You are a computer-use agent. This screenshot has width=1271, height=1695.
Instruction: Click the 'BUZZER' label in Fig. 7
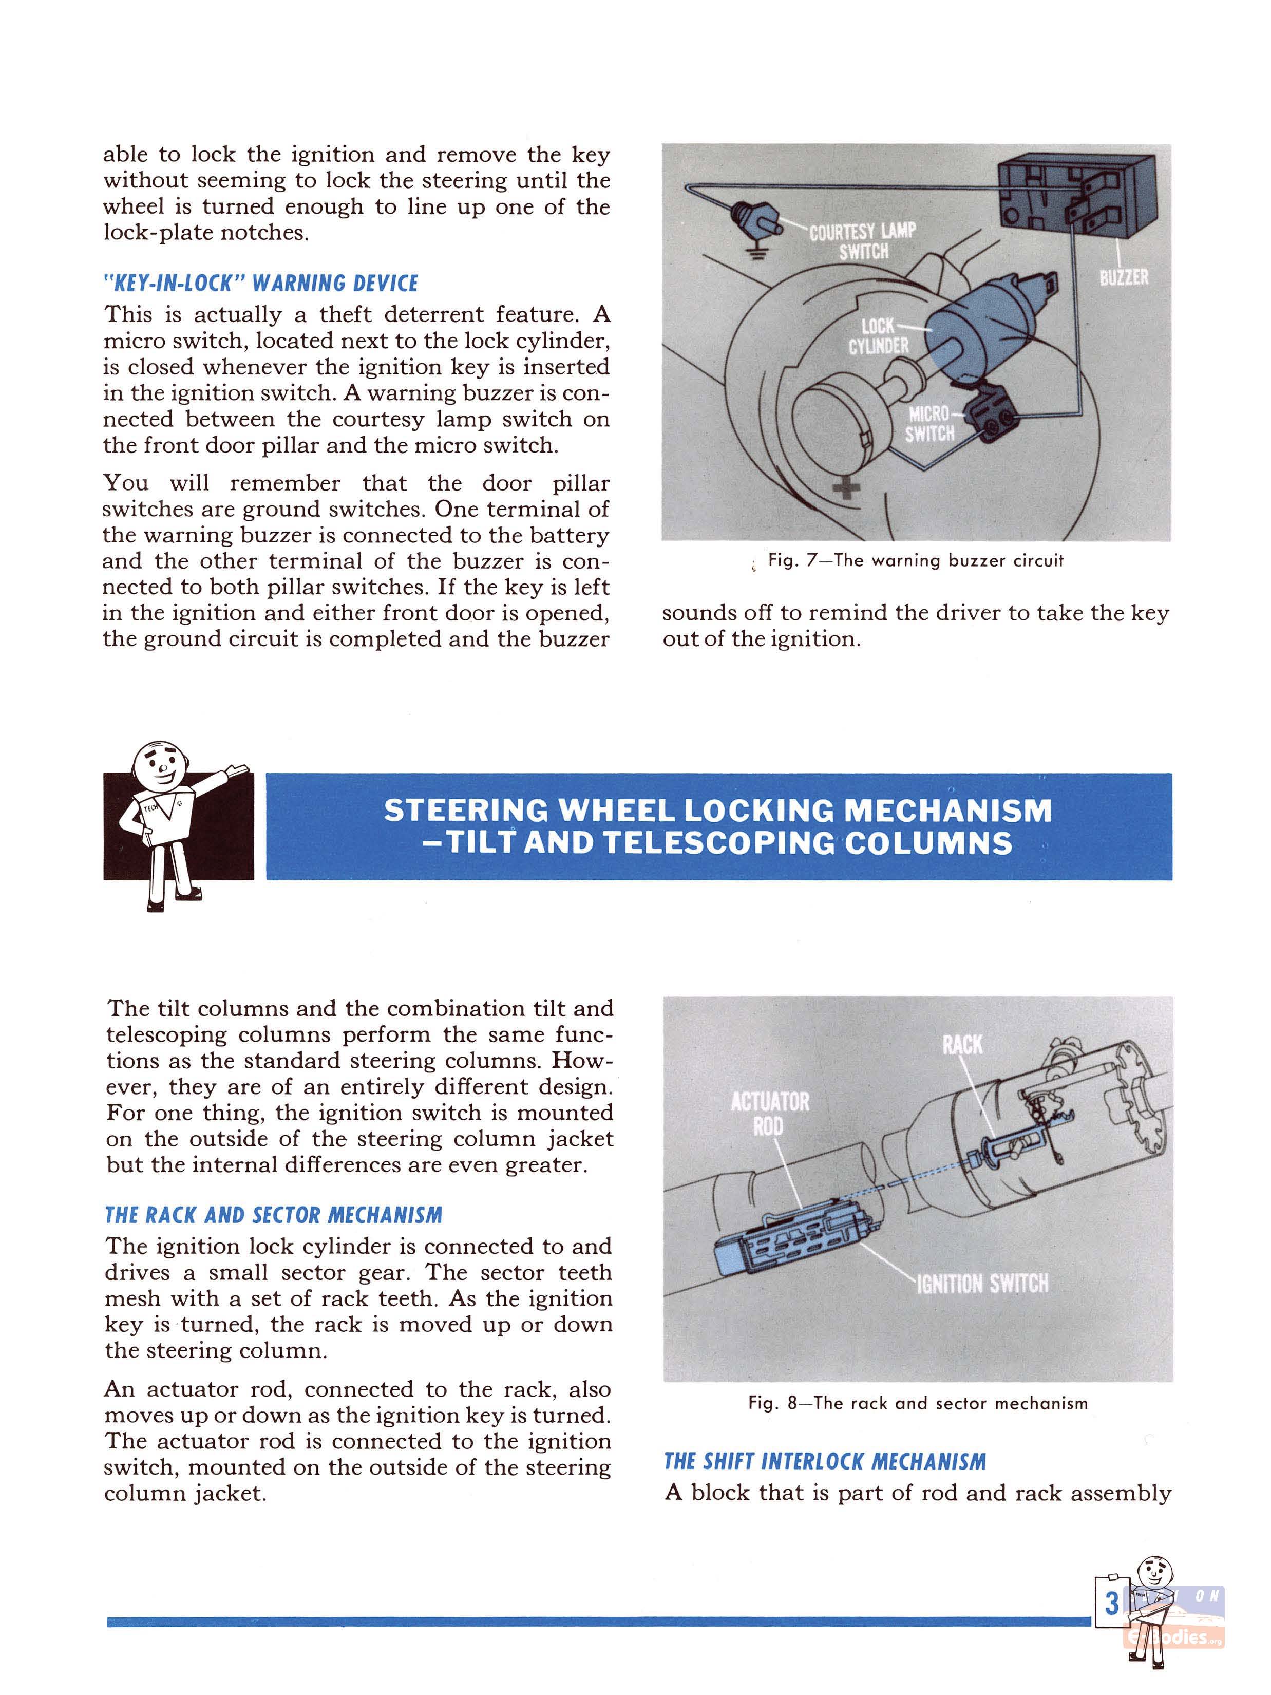(1123, 277)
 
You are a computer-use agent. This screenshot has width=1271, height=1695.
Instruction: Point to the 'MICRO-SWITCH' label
(929, 424)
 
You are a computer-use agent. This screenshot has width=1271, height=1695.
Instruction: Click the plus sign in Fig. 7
(846, 488)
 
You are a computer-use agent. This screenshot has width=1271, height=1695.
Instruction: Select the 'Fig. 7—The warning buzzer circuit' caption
(916, 560)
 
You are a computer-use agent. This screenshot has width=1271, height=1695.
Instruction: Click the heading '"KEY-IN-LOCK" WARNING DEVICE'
(260, 284)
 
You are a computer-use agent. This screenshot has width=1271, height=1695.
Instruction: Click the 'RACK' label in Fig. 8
(962, 1044)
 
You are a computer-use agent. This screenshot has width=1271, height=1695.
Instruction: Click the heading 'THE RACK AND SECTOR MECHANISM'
(274, 1215)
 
